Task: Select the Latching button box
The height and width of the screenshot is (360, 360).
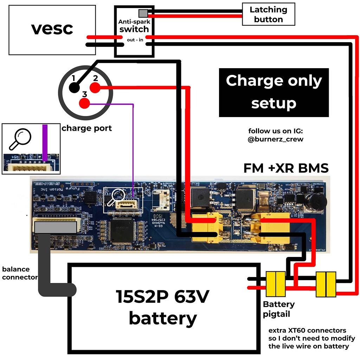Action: coord(268,14)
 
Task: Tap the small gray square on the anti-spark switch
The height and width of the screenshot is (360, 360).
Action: coord(143,13)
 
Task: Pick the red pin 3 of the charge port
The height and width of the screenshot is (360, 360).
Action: coord(84,103)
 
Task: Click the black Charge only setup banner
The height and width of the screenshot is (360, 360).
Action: coord(274,92)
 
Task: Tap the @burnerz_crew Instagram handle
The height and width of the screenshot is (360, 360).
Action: coord(275,139)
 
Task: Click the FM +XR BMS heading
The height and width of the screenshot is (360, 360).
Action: coord(286,168)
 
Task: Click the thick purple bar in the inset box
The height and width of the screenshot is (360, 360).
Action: coord(45,142)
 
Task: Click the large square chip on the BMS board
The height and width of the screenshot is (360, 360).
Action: coord(122,229)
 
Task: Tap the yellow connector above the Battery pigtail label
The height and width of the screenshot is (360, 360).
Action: coord(276,284)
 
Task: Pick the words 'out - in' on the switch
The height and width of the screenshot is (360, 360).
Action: coord(135,40)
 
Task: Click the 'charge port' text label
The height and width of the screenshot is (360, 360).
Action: coord(86,128)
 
